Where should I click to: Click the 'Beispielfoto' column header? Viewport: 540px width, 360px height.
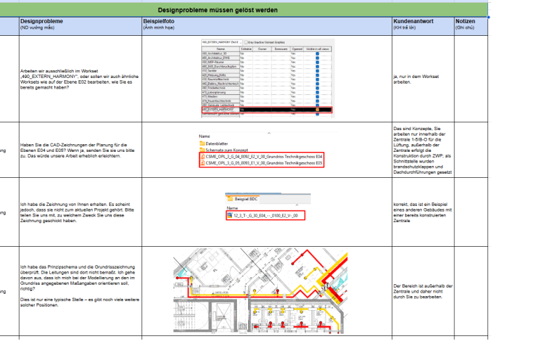[x=159, y=22]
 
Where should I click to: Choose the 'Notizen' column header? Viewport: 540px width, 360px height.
[x=465, y=22]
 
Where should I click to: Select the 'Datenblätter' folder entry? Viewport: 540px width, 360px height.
[x=220, y=143]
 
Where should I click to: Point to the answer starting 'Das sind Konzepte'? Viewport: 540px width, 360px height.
[x=422, y=148]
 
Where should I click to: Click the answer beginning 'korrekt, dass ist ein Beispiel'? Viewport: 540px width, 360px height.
[x=421, y=212]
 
